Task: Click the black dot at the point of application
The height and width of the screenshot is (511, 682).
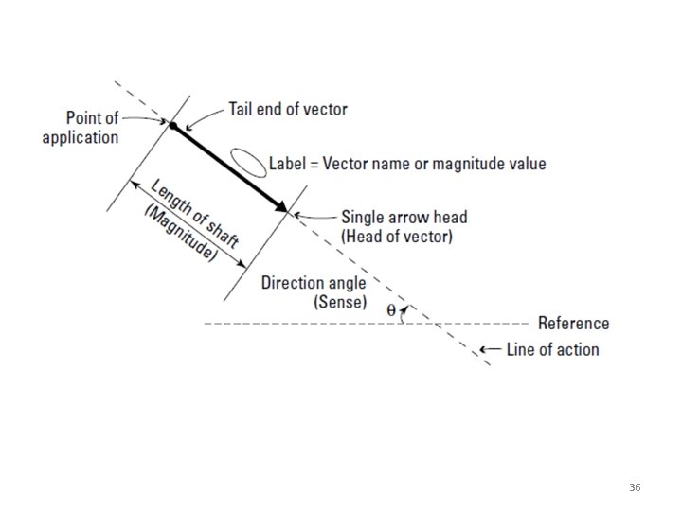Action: [172, 124]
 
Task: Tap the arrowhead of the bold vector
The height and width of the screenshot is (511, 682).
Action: [281, 208]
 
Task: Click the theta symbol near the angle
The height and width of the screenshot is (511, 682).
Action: [391, 309]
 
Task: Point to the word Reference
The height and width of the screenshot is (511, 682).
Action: [573, 323]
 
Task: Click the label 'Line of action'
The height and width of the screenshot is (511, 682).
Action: [552, 349]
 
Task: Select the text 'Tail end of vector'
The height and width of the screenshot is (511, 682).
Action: [287, 109]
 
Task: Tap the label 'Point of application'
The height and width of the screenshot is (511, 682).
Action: [81, 128]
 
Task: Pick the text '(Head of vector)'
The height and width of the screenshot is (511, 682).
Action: [397, 236]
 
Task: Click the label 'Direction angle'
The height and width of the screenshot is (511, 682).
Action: [314, 283]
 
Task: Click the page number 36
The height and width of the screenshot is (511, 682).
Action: [634, 487]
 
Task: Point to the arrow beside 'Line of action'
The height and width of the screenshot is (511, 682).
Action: [490, 350]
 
